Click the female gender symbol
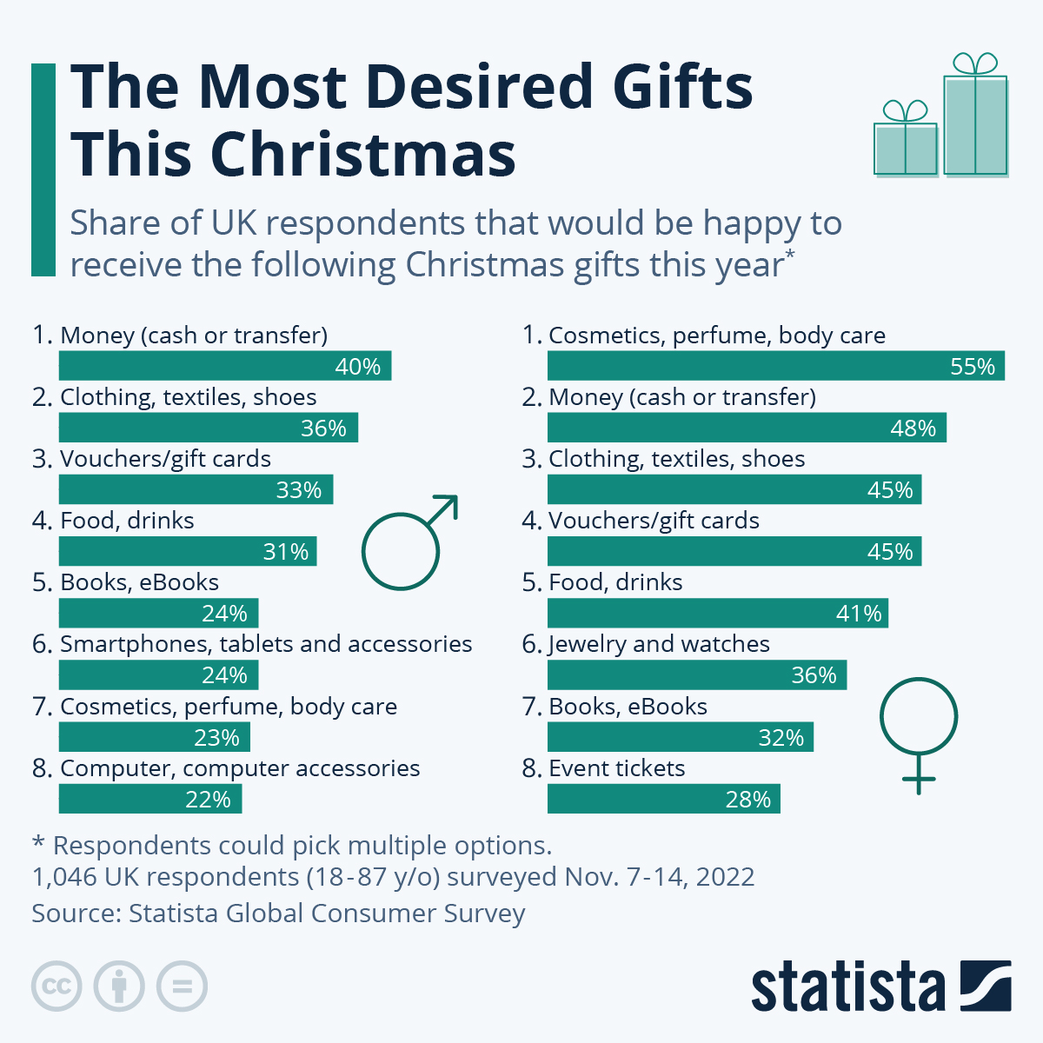pyautogui.click(x=919, y=730)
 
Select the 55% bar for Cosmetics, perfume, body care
pyautogui.click(x=775, y=366)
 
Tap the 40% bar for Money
pyautogui.click(x=224, y=366)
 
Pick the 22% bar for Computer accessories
pyautogui.click(x=149, y=799)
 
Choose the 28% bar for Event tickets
pyautogui.click(x=663, y=799)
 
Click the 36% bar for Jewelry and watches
pyautogui.click(x=696, y=675)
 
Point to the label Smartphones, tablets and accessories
pyautogui.click(x=266, y=644)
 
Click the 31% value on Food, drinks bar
pyautogui.click(x=286, y=552)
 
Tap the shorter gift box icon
pyautogui.click(x=906, y=143)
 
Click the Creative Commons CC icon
pyautogui.click(x=56, y=987)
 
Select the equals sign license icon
pyautogui.click(x=182, y=987)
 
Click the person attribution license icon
pyautogui.click(x=119, y=987)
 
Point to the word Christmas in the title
pyautogui.click(x=363, y=155)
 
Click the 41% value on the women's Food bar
pyautogui.click(x=859, y=614)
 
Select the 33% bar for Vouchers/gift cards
pyautogui.click(x=196, y=489)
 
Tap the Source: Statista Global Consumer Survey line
pyautogui.click(x=278, y=913)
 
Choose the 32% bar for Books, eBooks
pyautogui.click(x=680, y=737)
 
